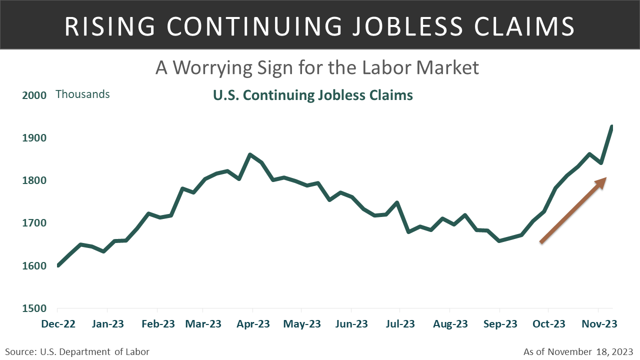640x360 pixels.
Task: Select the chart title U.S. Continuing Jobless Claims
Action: point(313,95)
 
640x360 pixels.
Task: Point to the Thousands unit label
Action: point(82,94)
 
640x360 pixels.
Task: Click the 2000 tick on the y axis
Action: point(34,95)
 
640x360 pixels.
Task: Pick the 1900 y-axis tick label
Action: point(34,138)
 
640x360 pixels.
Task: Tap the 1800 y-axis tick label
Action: point(34,180)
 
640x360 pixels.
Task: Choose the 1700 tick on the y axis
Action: point(34,223)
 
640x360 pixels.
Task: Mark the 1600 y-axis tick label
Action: point(34,266)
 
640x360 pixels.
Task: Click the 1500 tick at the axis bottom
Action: point(34,308)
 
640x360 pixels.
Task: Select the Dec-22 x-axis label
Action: point(58,324)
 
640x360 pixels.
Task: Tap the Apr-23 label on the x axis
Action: point(253,324)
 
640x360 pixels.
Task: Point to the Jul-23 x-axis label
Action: point(400,324)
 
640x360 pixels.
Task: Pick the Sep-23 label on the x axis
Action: point(500,324)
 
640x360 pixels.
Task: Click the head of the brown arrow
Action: point(602,181)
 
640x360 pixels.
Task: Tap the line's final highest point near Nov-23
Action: point(611,127)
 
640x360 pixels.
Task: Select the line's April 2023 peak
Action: point(249,154)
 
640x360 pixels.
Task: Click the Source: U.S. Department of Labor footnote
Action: point(77,352)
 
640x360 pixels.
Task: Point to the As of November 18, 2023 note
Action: point(578,352)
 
